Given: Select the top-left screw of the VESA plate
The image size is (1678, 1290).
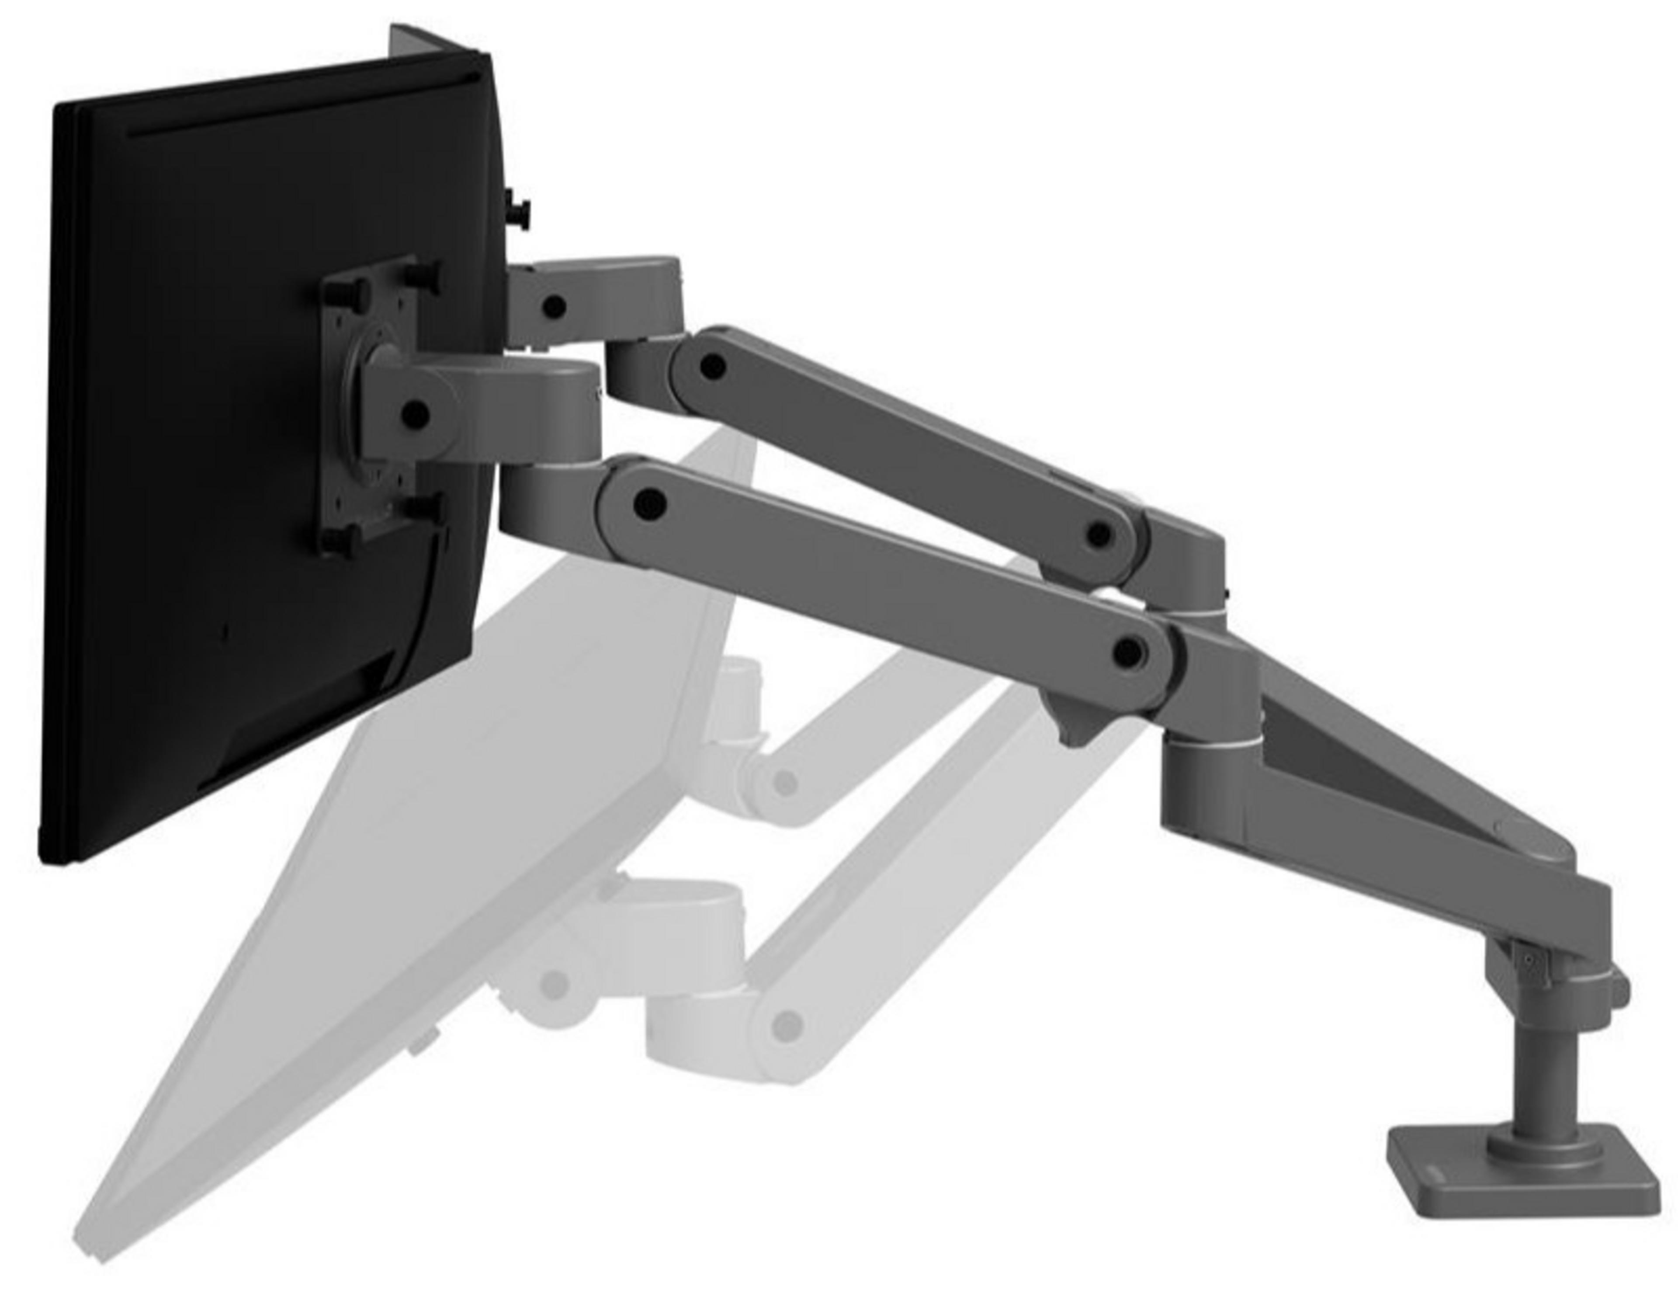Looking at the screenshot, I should point(338,292).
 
